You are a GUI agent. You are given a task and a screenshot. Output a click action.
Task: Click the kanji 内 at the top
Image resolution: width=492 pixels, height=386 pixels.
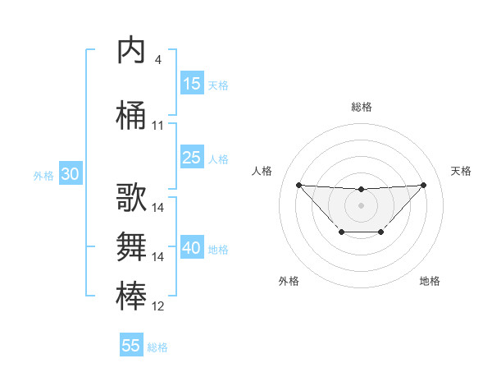(131, 51)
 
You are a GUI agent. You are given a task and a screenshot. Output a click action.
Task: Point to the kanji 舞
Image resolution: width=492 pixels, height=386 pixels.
(131, 246)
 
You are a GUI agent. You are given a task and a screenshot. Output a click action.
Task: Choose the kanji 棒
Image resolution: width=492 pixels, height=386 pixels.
(131, 296)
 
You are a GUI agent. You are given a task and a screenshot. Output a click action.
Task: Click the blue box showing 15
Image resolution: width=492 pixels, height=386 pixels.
(192, 84)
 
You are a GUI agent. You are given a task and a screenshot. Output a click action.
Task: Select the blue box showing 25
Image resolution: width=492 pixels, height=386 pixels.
(192, 158)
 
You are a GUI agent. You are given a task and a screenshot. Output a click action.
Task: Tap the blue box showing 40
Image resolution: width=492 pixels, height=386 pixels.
(192, 248)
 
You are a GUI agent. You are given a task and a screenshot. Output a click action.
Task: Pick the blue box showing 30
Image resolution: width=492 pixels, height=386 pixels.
(70, 174)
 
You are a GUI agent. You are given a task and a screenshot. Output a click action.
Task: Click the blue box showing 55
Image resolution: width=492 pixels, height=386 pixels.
(131, 346)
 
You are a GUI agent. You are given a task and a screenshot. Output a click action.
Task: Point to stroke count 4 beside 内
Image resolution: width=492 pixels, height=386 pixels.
(157, 60)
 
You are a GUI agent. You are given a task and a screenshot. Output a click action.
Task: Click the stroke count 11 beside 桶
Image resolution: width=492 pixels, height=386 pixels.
(158, 126)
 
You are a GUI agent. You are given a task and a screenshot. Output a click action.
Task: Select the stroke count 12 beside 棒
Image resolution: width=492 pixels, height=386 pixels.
(158, 306)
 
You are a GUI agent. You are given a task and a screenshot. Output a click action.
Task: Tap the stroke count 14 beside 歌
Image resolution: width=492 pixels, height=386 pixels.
(158, 208)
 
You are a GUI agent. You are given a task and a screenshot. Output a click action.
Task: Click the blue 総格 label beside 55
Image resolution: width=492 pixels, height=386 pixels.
(157, 347)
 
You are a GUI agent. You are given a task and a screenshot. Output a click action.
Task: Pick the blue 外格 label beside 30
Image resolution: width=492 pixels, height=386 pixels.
(43, 175)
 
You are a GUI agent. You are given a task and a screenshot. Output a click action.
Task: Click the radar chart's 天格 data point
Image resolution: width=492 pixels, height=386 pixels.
(424, 185)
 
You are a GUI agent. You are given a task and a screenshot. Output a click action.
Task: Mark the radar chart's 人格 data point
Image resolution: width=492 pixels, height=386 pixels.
(298, 185)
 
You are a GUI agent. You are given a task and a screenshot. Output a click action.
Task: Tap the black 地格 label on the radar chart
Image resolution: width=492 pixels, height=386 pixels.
(430, 281)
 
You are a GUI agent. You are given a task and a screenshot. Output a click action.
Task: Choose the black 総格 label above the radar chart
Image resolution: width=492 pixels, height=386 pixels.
(361, 107)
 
